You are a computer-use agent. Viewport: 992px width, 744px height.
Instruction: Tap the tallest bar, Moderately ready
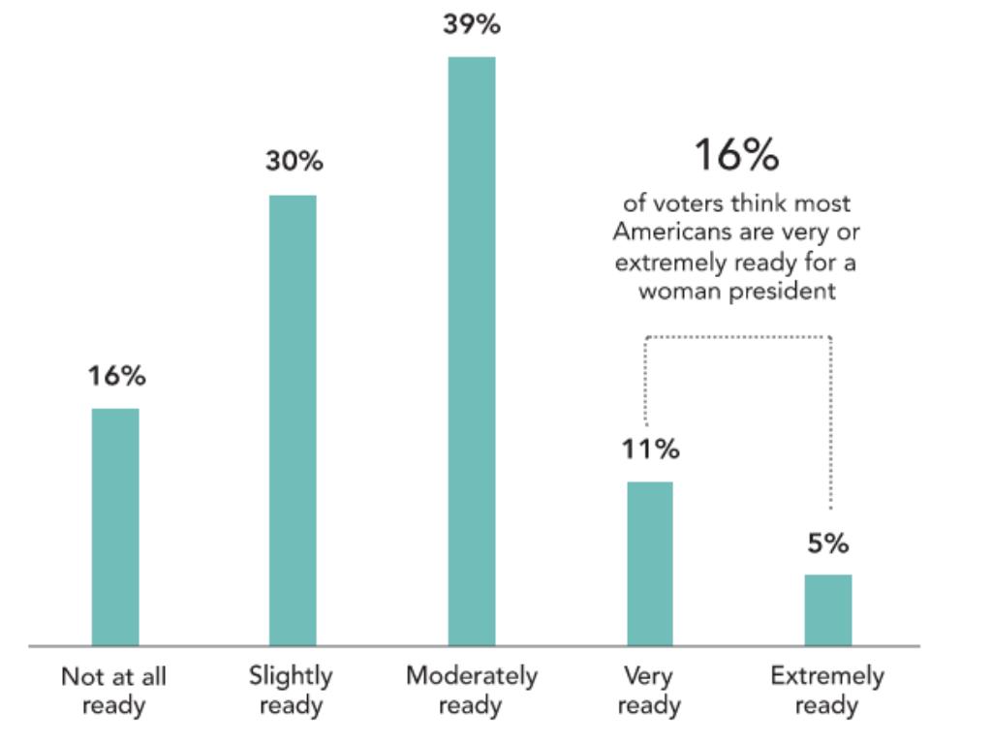471,351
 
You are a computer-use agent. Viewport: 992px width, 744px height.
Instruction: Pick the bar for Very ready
649,563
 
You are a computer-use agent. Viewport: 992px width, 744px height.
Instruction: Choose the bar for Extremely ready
828,609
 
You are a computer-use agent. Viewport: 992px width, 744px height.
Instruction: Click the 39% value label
472,25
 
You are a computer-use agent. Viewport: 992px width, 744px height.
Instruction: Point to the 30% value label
294,162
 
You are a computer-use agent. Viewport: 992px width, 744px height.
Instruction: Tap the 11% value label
650,449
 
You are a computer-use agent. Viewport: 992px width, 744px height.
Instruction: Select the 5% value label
828,543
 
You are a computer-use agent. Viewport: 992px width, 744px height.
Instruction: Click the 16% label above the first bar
116,376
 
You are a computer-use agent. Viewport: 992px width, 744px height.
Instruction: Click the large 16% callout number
736,155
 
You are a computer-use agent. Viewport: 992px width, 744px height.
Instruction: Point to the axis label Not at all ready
113,690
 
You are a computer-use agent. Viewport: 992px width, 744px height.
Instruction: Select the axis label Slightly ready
291,690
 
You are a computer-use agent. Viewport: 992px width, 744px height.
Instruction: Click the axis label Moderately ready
471,690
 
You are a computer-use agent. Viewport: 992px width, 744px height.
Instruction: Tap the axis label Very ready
649,690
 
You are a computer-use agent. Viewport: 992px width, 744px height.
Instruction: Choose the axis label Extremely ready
827,690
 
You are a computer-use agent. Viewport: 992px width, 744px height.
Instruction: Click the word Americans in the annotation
664,233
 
